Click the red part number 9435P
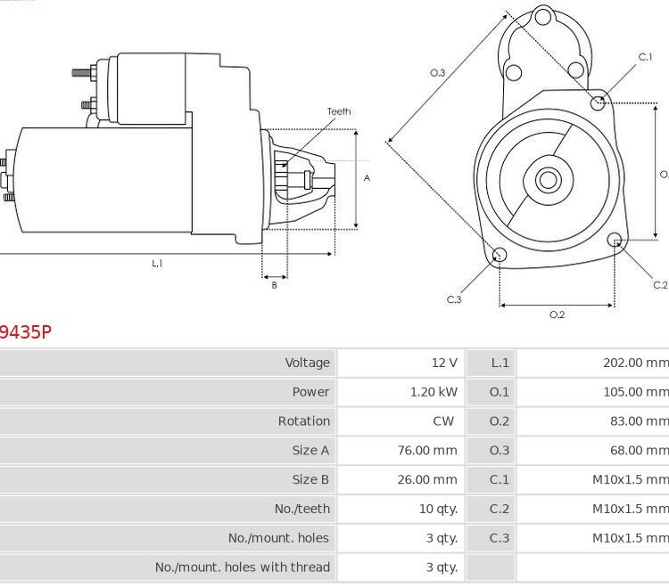coord(26,332)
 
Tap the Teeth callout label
coord(339,111)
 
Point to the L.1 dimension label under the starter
coord(157,264)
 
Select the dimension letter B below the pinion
coord(275,285)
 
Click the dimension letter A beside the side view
coord(367,178)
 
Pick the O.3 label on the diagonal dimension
coord(437,73)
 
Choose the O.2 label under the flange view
coord(557,314)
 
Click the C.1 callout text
coord(645,57)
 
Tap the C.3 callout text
coord(454,299)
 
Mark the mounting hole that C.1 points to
coord(598,102)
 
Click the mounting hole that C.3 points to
coord(500,255)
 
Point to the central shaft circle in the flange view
coord(549,179)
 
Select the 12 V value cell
coord(444,363)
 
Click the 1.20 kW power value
coord(434,392)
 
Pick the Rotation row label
coord(304,421)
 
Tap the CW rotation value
coord(443,421)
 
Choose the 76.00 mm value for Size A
coord(427,451)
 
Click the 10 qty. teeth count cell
coord(438,509)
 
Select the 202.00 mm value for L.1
coord(636,363)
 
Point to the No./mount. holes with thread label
coord(243,568)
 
